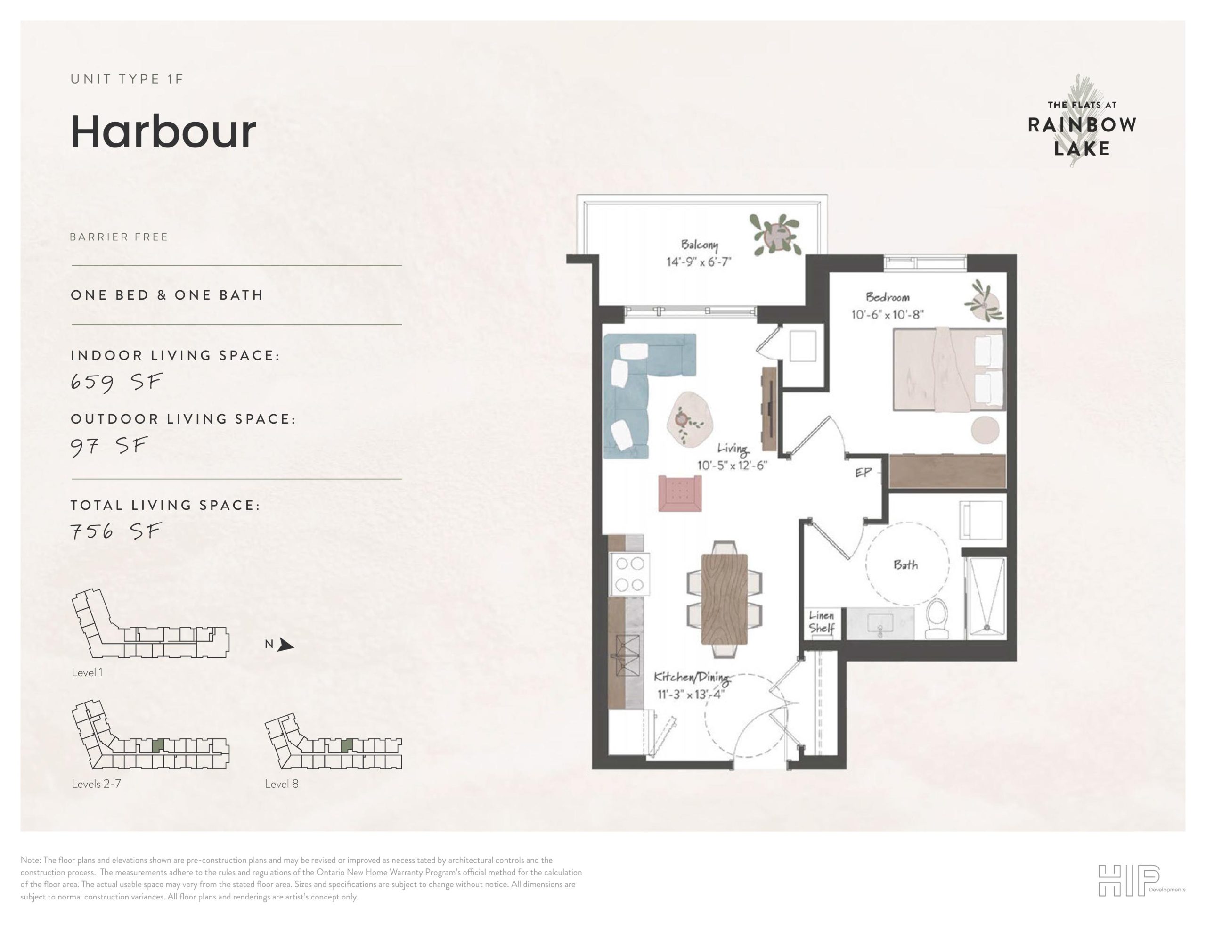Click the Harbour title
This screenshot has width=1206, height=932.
(x=163, y=132)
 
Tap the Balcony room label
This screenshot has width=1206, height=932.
(x=699, y=244)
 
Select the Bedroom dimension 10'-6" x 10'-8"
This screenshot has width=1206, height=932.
(x=888, y=314)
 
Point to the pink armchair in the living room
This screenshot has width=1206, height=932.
(x=680, y=493)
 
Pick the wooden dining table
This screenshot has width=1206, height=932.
(x=724, y=599)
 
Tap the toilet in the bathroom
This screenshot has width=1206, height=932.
(x=937, y=619)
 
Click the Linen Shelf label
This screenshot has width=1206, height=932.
(x=821, y=621)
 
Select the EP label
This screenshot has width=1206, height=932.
(x=863, y=472)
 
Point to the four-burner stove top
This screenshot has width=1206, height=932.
(x=629, y=574)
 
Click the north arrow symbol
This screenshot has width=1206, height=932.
(x=285, y=645)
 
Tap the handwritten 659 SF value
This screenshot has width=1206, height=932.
(x=116, y=382)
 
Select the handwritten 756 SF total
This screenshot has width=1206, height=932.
(x=116, y=531)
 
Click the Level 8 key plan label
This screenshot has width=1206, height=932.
(x=282, y=784)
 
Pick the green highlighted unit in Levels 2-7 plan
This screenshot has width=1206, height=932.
(x=158, y=745)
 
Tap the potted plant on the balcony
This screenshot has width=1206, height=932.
(x=776, y=235)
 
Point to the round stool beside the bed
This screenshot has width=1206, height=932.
(x=985, y=430)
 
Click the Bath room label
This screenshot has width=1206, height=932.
(x=905, y=564)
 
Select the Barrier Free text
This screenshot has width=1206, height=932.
(x=119, y=237)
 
